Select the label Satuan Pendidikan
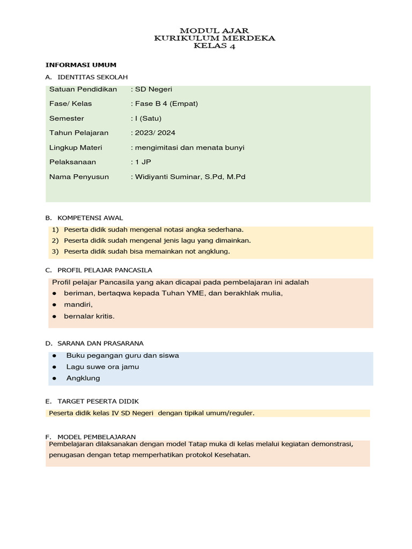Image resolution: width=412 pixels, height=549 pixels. (83, 89)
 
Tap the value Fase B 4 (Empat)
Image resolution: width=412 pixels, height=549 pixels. (165, 103)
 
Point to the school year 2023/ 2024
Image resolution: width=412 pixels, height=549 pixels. (154, 132)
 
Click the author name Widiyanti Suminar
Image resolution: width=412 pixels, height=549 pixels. (172, 176)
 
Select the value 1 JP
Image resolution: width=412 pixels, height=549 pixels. (141, 161)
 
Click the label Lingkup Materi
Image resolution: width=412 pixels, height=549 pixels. (76, 147)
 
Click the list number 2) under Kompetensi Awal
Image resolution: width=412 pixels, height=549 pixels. (55, 240)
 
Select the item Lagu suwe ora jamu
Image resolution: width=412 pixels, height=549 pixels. (102, 367)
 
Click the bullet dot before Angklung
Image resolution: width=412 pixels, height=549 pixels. (55, 379)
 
